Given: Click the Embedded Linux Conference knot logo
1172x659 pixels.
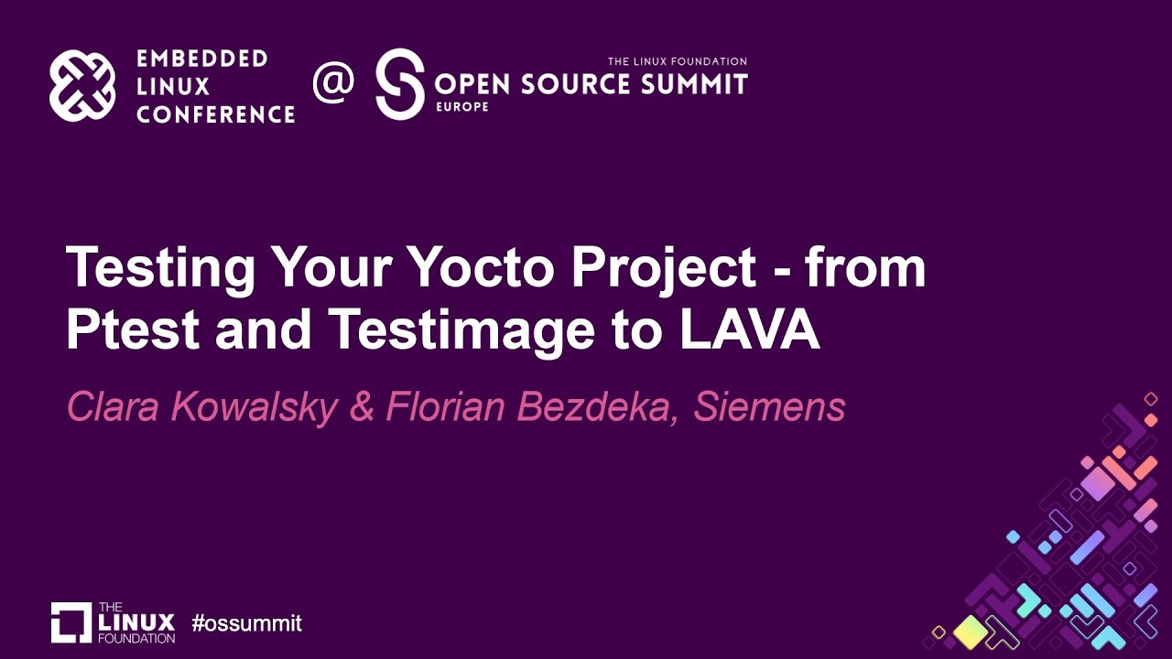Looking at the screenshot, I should click(82, 86).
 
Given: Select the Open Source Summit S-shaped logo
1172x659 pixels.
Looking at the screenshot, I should click(400, 83).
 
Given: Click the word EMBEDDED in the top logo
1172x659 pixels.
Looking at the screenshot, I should click(201, 59).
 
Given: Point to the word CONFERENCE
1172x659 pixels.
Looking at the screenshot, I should click(215, 114).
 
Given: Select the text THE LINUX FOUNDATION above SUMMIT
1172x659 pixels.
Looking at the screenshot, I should click(678, 61).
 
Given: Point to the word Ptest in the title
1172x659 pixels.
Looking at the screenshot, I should click(133, 330).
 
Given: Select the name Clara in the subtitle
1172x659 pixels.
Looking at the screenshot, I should click(111, 408).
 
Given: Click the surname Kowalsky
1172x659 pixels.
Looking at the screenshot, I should click(252, 408).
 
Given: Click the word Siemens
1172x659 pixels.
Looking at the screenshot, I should click(769, 408).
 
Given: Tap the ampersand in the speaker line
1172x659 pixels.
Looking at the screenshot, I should click(362, 408).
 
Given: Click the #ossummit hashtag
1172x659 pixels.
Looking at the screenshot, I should click(246, 624).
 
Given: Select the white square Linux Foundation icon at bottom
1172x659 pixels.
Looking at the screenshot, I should click(71, 622).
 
